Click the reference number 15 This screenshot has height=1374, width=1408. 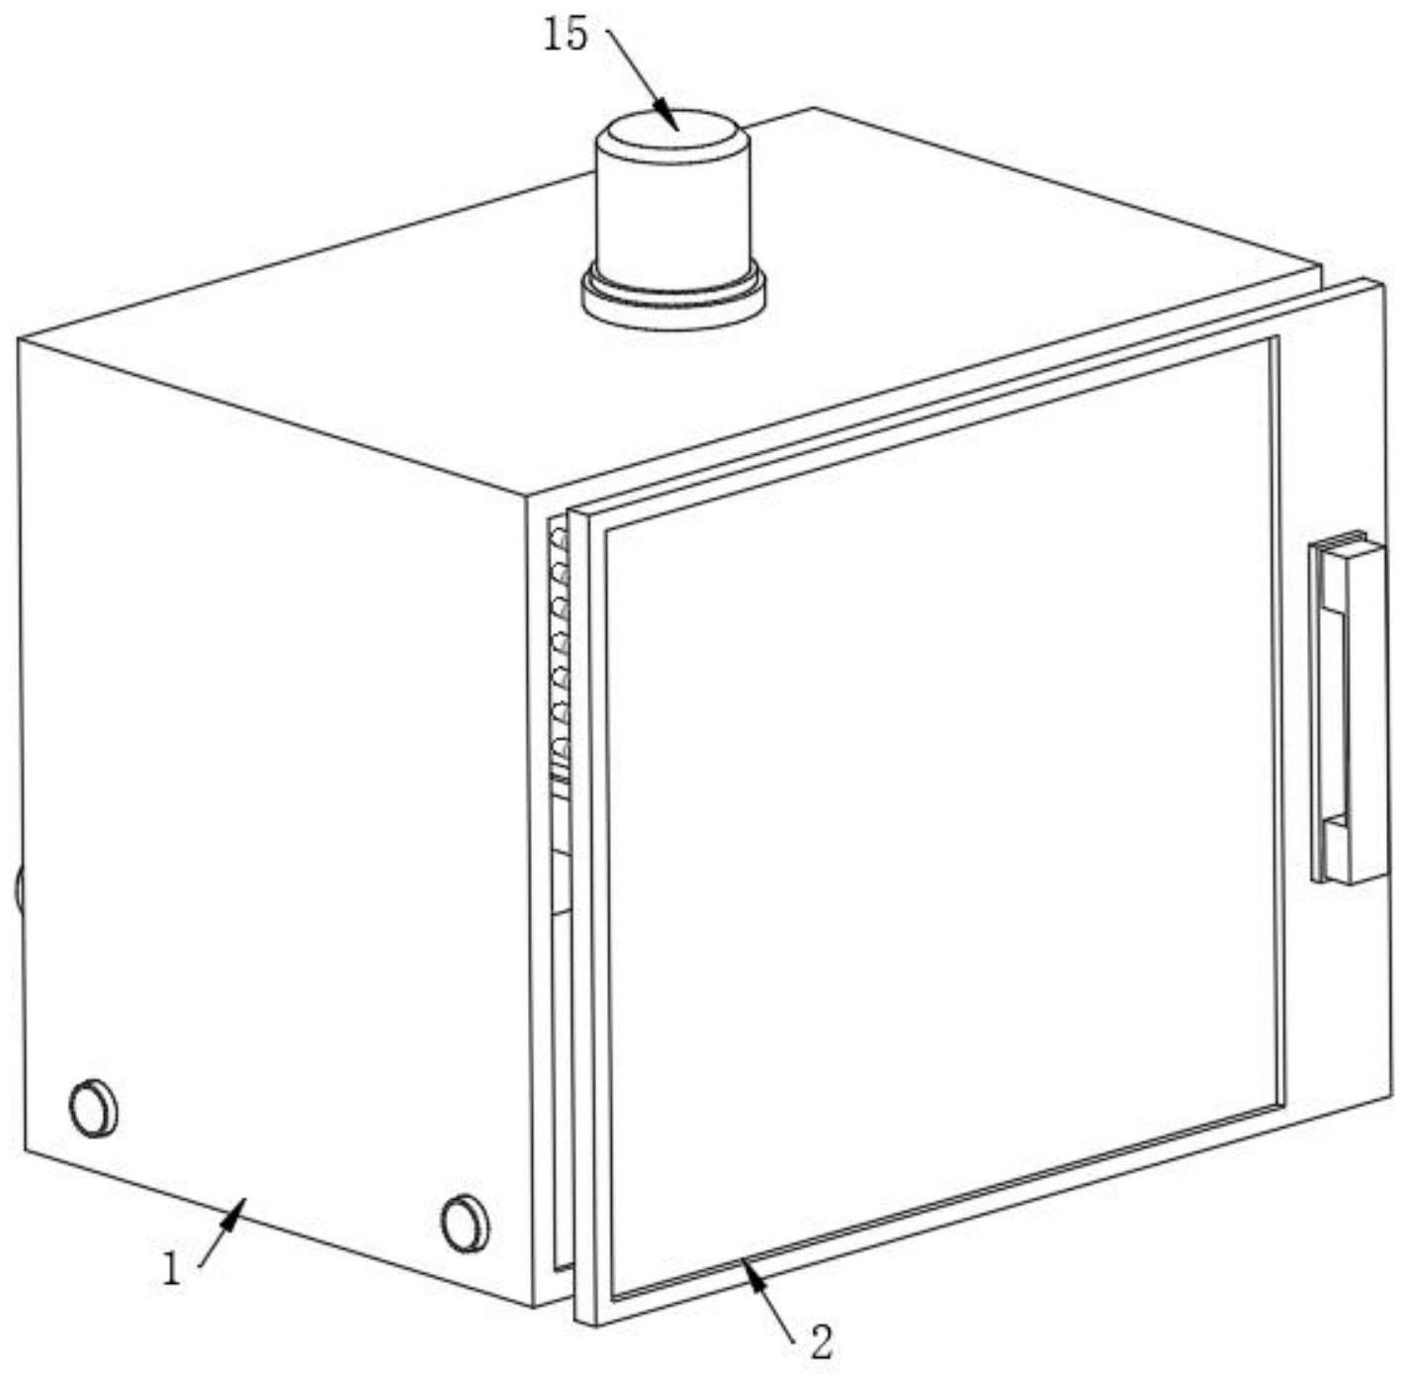tap(566, 36)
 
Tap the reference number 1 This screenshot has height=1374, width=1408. tap(171, 1270)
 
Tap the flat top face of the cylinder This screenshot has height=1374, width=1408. tap(673, 136)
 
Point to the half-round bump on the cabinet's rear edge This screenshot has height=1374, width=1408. tap(18, 889)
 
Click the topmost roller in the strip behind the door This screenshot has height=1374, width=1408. tap(559, 538)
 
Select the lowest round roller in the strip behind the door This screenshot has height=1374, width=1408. tap(560, 750)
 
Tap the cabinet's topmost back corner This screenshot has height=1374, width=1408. tap(813, 108)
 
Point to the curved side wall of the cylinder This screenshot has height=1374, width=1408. tap(673, 218)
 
